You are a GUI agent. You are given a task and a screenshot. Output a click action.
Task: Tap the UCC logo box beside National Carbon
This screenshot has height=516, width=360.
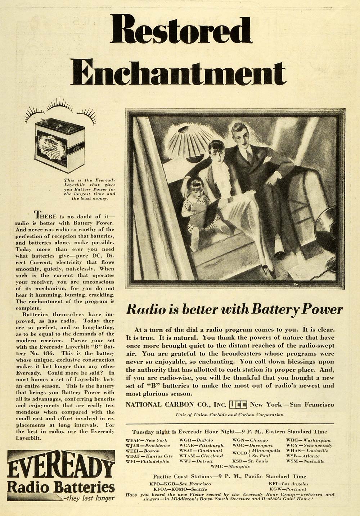click(x=238, y=405)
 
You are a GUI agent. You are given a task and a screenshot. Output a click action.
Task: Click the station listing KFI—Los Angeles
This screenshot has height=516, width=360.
click(x=288, y=484)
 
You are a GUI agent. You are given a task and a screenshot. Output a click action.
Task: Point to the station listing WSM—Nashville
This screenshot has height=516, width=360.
click(x=305, y=461)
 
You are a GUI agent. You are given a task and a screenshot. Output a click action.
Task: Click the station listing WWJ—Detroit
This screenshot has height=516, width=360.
click(x=197, y=461)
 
